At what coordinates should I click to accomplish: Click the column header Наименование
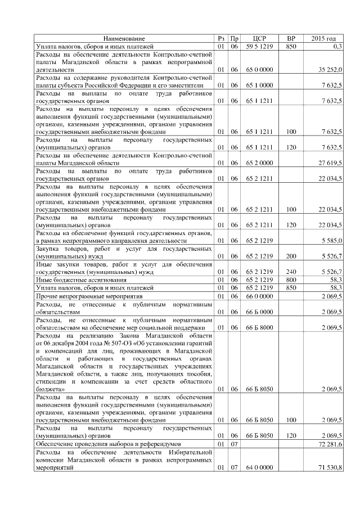pos(125,38)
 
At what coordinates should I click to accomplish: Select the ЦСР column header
pos(260,38)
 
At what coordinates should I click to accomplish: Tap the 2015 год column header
pos(323,38)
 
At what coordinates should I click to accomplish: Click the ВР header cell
pos(291,38)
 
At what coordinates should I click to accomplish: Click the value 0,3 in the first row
pos(337,46)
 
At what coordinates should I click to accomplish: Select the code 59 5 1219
pos(260,46)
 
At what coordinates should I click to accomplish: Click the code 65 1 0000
pos(260,85)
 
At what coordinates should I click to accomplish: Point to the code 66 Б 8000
pos(260,327)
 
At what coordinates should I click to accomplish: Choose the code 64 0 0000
pos(260,467)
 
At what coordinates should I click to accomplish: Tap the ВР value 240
pos(291,272)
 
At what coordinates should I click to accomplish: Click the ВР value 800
pos(291,280)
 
